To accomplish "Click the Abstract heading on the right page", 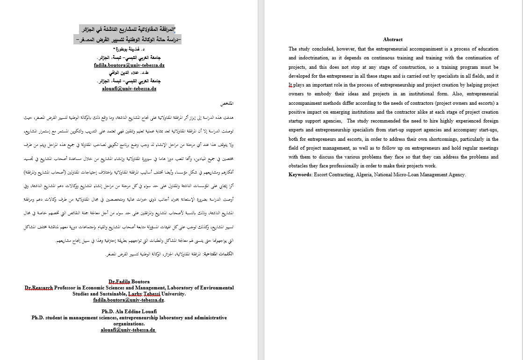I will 392,40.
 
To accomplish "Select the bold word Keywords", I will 300,175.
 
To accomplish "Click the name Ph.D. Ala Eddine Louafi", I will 129,311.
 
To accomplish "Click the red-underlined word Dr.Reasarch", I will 39,288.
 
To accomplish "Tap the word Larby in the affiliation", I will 135,294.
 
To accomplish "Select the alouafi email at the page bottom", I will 128,330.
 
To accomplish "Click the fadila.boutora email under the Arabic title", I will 129,66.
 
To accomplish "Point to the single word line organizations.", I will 129,324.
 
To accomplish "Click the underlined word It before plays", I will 291,85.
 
